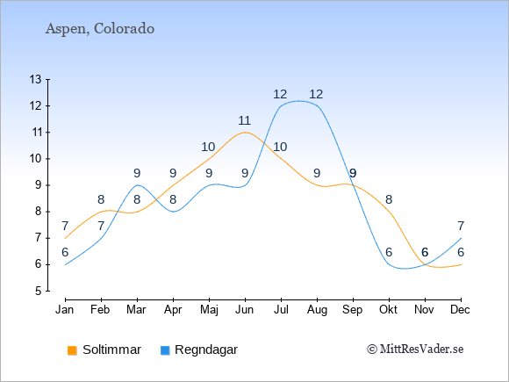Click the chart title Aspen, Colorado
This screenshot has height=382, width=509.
pos(100,29)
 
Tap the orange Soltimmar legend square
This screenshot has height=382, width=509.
pos(72,350)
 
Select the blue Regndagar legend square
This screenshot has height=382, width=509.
pos(165,350)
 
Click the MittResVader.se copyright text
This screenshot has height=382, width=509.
pos(415,350)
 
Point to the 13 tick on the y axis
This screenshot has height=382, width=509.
pos(36,79)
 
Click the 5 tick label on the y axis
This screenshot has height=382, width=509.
pos(39,291)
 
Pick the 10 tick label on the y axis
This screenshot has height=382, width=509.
pos(36,159)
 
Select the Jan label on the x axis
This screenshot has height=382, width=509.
pos(65,310)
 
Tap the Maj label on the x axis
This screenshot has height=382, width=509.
pos(209,310)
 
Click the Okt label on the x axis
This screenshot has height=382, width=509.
pos(388,310)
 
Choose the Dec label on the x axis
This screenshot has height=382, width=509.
pos(461,310)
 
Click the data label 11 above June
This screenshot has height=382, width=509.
pos(245,121)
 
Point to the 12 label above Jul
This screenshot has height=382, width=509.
pos(280,95)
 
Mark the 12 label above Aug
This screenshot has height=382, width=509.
pos(316,95)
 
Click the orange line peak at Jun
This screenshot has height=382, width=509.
pos(245,133)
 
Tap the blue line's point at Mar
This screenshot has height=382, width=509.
pos(137,185)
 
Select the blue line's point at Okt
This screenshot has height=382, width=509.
pos(389,264)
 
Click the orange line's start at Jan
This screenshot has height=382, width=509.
pos(65,238)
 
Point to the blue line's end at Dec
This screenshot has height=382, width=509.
pos(461,238)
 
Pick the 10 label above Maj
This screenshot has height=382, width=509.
pos(208,148)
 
